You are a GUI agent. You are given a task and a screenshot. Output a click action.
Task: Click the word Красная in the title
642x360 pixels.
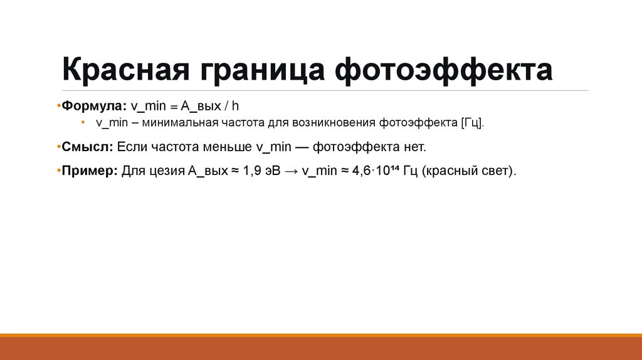125,70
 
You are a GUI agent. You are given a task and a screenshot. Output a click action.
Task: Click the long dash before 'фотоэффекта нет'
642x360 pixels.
300,147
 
